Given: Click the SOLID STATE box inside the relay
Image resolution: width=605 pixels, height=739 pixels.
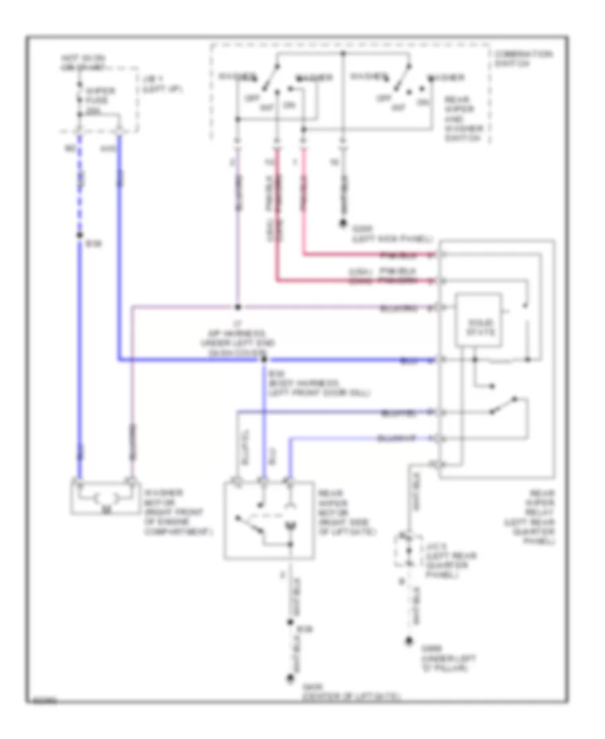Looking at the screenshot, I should [479, 320].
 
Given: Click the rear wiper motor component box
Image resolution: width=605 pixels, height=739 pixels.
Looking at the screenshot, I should [268, 518].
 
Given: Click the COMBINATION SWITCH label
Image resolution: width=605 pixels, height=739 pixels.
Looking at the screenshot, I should [516, 58].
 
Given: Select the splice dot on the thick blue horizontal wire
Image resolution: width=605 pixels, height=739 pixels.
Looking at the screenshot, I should [264, 360].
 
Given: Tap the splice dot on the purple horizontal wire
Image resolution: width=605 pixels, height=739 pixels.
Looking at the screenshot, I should [237, 308].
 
